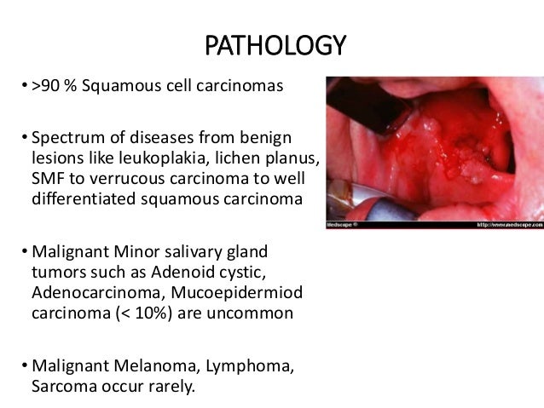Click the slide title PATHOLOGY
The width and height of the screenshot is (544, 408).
point(272,43)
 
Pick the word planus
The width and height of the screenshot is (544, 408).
point(290,158)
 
